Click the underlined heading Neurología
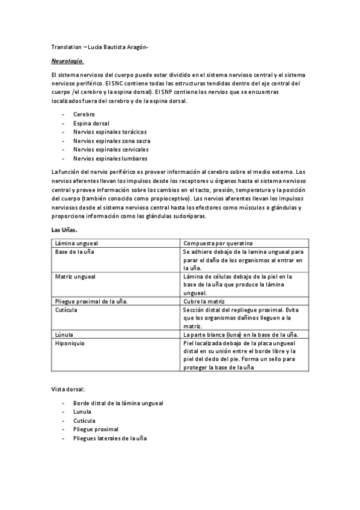click(67, 61)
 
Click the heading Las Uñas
click(64, 230)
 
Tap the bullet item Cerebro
click(84, 114)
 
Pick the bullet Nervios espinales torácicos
click(110, 132)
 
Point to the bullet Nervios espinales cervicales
click(111, 149)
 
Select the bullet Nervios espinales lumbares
click(110, 158)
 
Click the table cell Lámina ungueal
click(73, 243)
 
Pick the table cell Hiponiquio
click(70, 343)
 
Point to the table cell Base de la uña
click(74, 251)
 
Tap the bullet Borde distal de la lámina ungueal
click(118, 403)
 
